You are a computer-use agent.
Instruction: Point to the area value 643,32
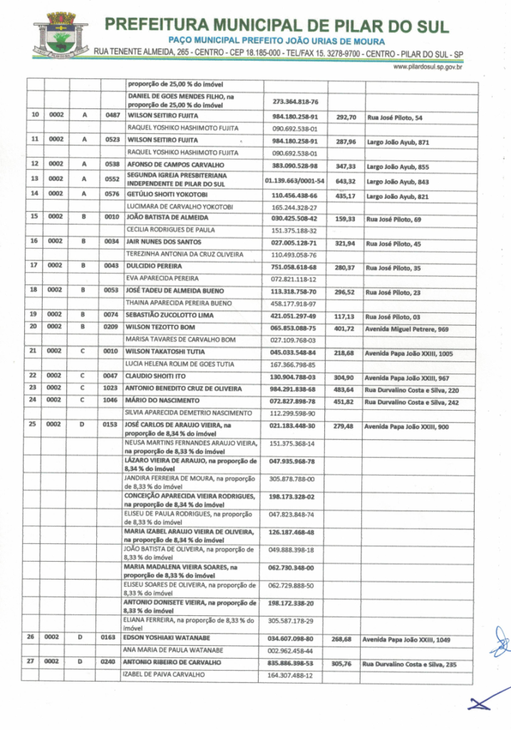pyautogui.click(x=346, y=181)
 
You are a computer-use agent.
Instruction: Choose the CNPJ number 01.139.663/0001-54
pyautogui.click(x=294, y=181)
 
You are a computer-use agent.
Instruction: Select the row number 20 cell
pyautogui.click(x=34, y=328)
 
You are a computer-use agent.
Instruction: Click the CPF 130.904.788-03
pyautogui.click(x=293, y=376)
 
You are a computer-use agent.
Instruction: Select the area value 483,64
pyautogui.click(x=346, y=389)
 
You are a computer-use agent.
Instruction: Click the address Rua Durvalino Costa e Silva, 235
pyautogui.click(x=412, y=664)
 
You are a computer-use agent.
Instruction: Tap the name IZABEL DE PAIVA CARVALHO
pyautogui.click(x=165, y=676)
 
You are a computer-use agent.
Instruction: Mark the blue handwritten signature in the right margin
pyautogui.click(x=499, y=640)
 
